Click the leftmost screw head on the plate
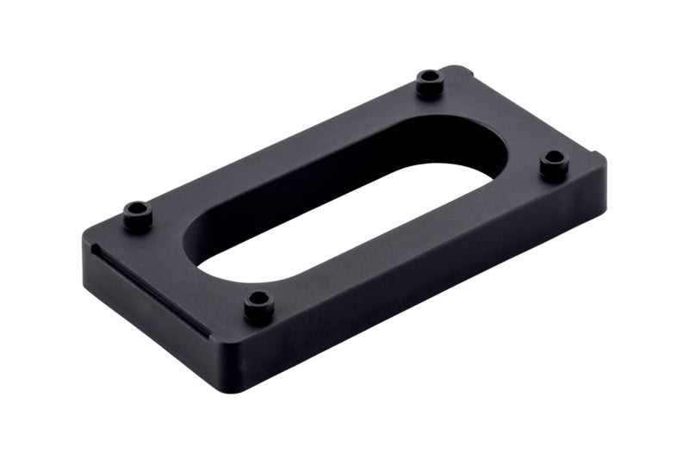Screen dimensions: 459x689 tap(137, 214)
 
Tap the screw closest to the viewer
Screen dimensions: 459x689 tap(257, 304)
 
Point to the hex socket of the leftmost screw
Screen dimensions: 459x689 tap(137, 209)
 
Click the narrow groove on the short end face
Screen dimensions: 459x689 tap(151, 291)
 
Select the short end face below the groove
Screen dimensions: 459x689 tap(146, 319)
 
